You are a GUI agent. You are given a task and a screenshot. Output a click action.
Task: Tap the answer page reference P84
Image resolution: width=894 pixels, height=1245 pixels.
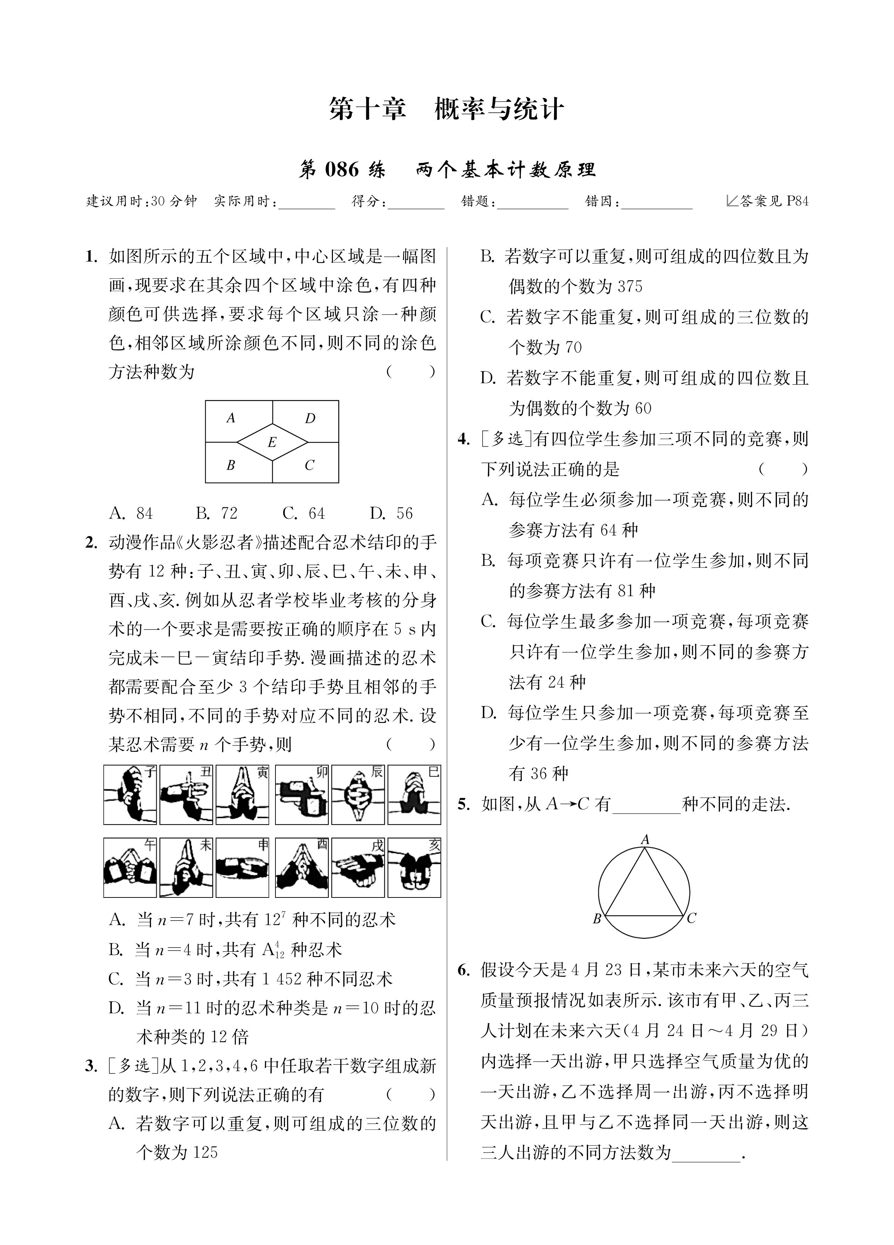pyautogui.click(x=797, y=201)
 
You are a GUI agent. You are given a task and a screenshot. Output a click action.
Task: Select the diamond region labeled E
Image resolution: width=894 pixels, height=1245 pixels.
pyautogui.click(x=272, y=441)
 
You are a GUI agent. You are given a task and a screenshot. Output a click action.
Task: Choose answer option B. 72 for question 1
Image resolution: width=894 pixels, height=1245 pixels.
pyautogui.click(x=217, y=513)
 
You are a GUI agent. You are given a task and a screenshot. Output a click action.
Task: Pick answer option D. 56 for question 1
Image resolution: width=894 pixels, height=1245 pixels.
pyautogui.click(x=391, y=513)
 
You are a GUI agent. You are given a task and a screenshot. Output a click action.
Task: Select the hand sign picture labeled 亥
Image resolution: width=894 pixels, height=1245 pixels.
pyautogui.click(x=414, y=867)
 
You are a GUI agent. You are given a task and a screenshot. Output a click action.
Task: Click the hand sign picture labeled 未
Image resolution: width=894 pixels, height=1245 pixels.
pyautogui.click(x=186, y=867)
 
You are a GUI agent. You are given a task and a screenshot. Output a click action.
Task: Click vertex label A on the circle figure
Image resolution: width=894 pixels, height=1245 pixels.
pyautogui.click(x=645, y=839)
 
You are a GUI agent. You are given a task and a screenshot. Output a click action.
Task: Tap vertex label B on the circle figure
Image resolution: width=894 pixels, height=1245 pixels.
pyautogui.click(x=597, y=919)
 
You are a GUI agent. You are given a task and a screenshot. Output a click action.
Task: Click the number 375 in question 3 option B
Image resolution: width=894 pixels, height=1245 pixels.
pyautogui.click(x=630, y=287)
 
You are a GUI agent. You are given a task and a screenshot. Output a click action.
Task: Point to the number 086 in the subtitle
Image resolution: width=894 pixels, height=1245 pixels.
pyautogui.click(x=342, y=170)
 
